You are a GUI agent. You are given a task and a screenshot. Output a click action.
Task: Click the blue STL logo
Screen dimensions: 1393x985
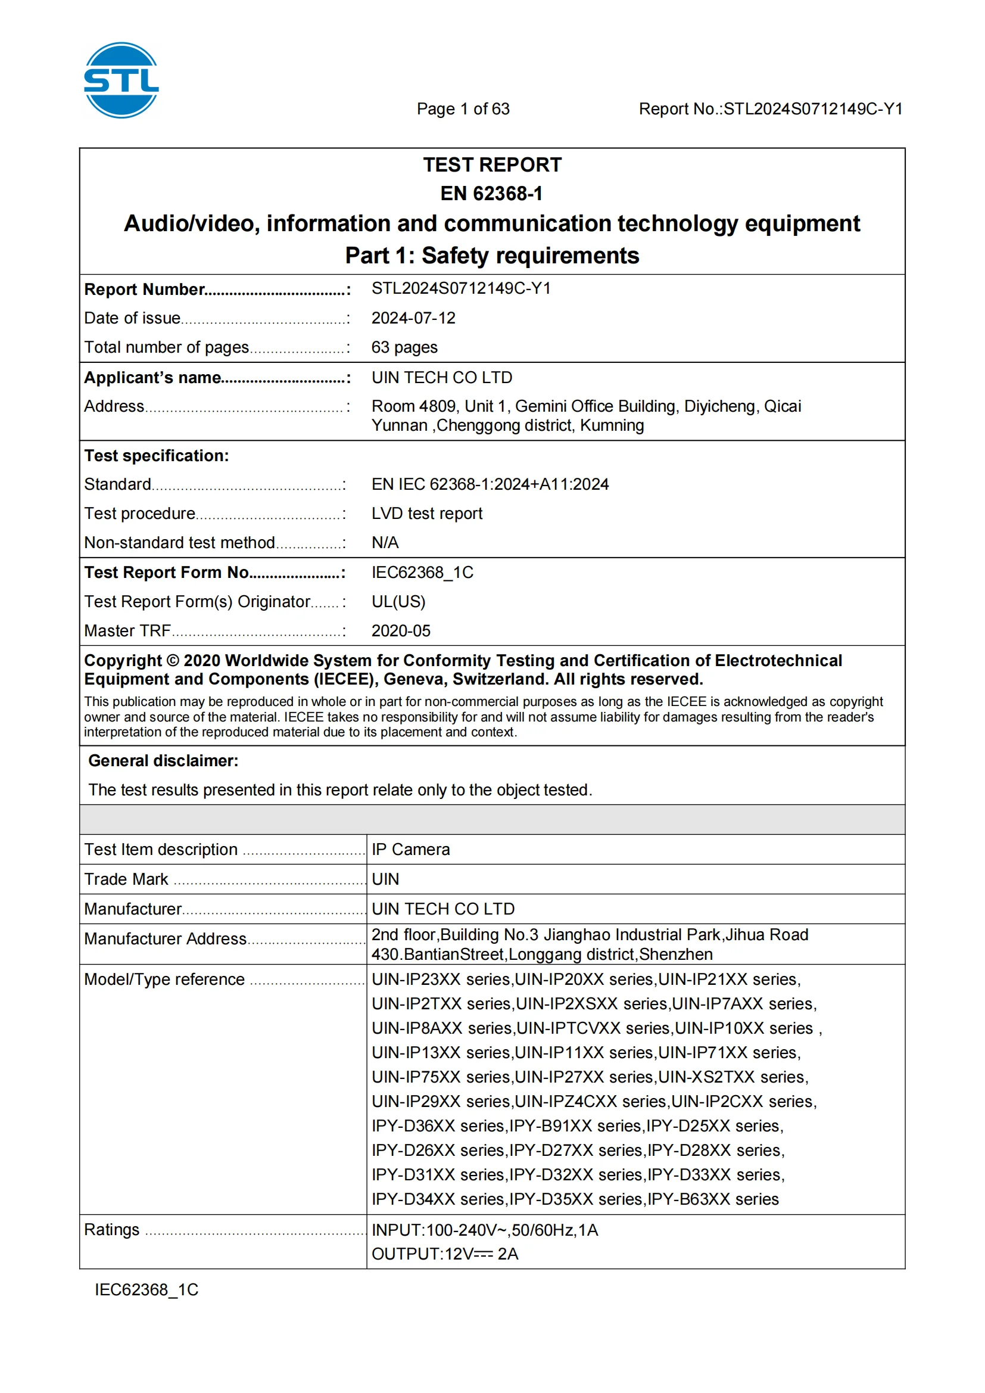click(121, 80)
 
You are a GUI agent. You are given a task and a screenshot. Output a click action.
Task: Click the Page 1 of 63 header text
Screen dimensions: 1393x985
click(463, 108)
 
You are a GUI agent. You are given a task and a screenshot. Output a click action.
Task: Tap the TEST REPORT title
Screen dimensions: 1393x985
click(492, 165)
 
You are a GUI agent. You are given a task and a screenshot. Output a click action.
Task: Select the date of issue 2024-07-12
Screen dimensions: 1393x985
click(413, 318)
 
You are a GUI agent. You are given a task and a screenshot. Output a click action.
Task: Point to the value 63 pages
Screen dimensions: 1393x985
click(404, 347)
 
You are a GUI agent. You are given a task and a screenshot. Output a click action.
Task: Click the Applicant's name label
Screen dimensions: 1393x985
click(153, 377)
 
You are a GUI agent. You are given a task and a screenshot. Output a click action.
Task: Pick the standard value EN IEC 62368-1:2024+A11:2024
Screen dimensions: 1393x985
click(490, 484)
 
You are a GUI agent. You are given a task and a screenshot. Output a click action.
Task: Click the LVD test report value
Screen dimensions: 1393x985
click(426, 513)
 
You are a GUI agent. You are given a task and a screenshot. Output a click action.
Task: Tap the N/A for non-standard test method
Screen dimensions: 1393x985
click(385, 542)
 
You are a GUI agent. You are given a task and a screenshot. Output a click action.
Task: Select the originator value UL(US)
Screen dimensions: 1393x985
click(398, 601)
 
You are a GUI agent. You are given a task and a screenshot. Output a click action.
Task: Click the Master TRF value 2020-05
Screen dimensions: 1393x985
click(400, 631)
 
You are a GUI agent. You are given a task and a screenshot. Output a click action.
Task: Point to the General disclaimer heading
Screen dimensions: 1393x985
click(163, 761)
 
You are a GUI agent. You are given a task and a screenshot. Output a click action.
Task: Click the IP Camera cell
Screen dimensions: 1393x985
click(411, 850)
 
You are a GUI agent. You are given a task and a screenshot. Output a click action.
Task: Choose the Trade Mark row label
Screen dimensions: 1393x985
click(126, 879)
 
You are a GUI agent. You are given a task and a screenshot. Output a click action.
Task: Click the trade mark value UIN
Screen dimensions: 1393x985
click(385, 879)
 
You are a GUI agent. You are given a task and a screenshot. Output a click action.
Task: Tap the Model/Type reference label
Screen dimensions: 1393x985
click(164, 980)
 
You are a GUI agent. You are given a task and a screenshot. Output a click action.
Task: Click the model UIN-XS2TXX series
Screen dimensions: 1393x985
click(732, 1077)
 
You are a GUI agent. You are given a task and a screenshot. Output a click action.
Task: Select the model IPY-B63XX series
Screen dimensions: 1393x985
click(713, 1199)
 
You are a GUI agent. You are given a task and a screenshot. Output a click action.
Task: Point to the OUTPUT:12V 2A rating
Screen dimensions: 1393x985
click(445, 1254)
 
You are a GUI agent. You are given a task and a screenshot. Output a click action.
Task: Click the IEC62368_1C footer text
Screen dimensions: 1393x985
click(146, 1290)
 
